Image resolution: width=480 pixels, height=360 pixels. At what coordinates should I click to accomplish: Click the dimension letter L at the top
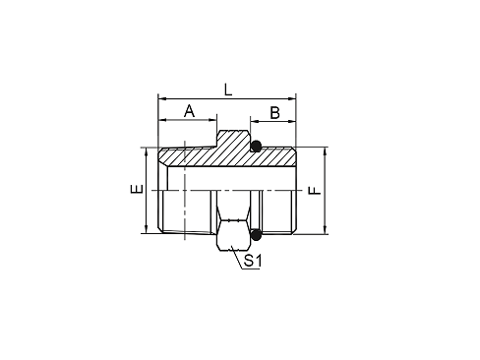click(x=228, y=90)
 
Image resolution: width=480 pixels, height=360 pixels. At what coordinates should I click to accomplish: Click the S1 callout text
click(x=253, y=262)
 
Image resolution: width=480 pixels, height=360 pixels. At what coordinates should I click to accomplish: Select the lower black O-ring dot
click(x=256, y=234)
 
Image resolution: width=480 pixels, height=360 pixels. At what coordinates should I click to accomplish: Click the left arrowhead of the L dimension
click(x=160, y=98)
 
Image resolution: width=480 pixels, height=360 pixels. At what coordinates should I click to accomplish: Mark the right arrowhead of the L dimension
click(x=294, y=98)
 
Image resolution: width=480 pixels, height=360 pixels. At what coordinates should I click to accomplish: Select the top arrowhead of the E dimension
click(x=146, y=152)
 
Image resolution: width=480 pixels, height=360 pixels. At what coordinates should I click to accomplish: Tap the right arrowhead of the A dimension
click(x=214, y=120)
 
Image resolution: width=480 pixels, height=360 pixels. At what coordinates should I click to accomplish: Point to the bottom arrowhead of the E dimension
click(x=146, y=230)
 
